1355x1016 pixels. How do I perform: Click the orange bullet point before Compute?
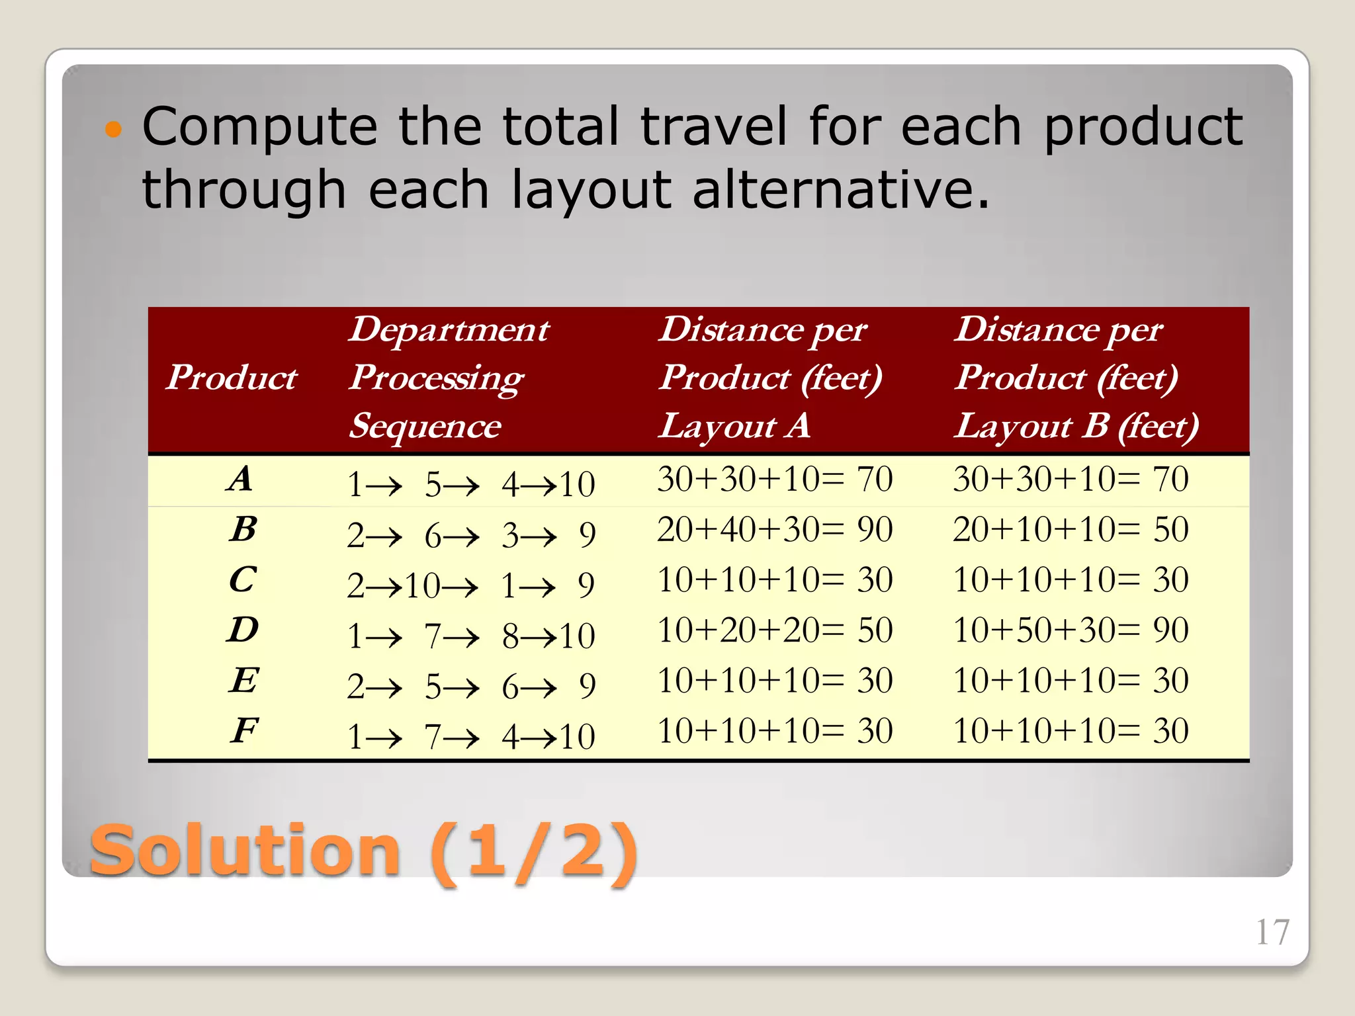[x=114, y=128]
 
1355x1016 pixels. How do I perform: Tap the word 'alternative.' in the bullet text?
[x=842, y=189]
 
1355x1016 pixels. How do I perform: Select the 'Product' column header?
[x=231, y=378]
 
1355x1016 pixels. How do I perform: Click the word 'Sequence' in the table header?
[x=425, y=425]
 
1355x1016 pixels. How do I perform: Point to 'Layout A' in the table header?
[x=734, y=425]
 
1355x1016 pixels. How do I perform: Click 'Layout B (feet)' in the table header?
[x=1076, y=425]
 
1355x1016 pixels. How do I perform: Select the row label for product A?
[x=241, y=478]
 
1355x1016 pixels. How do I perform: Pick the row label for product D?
[x=243, y=630]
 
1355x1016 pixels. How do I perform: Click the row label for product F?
[x=244, y=730]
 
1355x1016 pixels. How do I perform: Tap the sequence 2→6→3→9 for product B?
[x=471, y=534]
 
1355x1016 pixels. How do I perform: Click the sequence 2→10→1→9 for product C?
[x=471, y=585]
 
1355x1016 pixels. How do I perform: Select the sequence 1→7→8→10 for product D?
[x=471, y=636]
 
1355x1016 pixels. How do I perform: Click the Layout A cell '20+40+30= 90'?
[x=775, y=529]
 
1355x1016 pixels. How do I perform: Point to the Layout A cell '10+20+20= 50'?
[x=775, y=630]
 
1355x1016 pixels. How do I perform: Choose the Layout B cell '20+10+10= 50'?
[x=1071, y=529]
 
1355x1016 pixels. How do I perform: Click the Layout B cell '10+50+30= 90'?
[x=1071, y=630]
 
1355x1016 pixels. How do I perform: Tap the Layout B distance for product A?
[x=1071, y=478]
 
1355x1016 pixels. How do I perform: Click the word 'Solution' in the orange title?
[x=245, y=851]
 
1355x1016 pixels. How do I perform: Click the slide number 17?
[x=1272, y=933]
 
